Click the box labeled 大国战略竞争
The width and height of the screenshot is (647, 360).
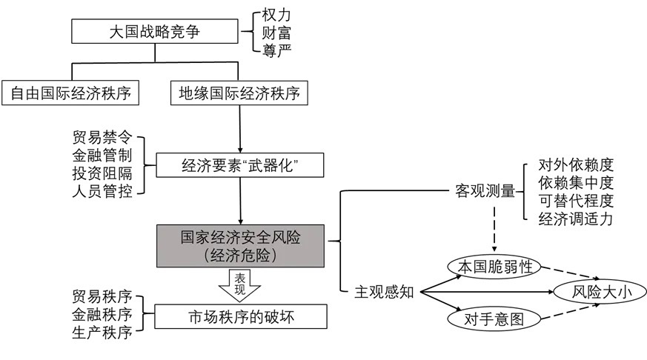155,32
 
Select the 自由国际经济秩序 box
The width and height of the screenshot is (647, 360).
71,93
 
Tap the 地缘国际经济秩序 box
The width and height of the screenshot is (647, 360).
239,93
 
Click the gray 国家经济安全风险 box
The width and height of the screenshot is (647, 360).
239,245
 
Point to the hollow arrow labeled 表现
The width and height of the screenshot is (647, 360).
239,283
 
